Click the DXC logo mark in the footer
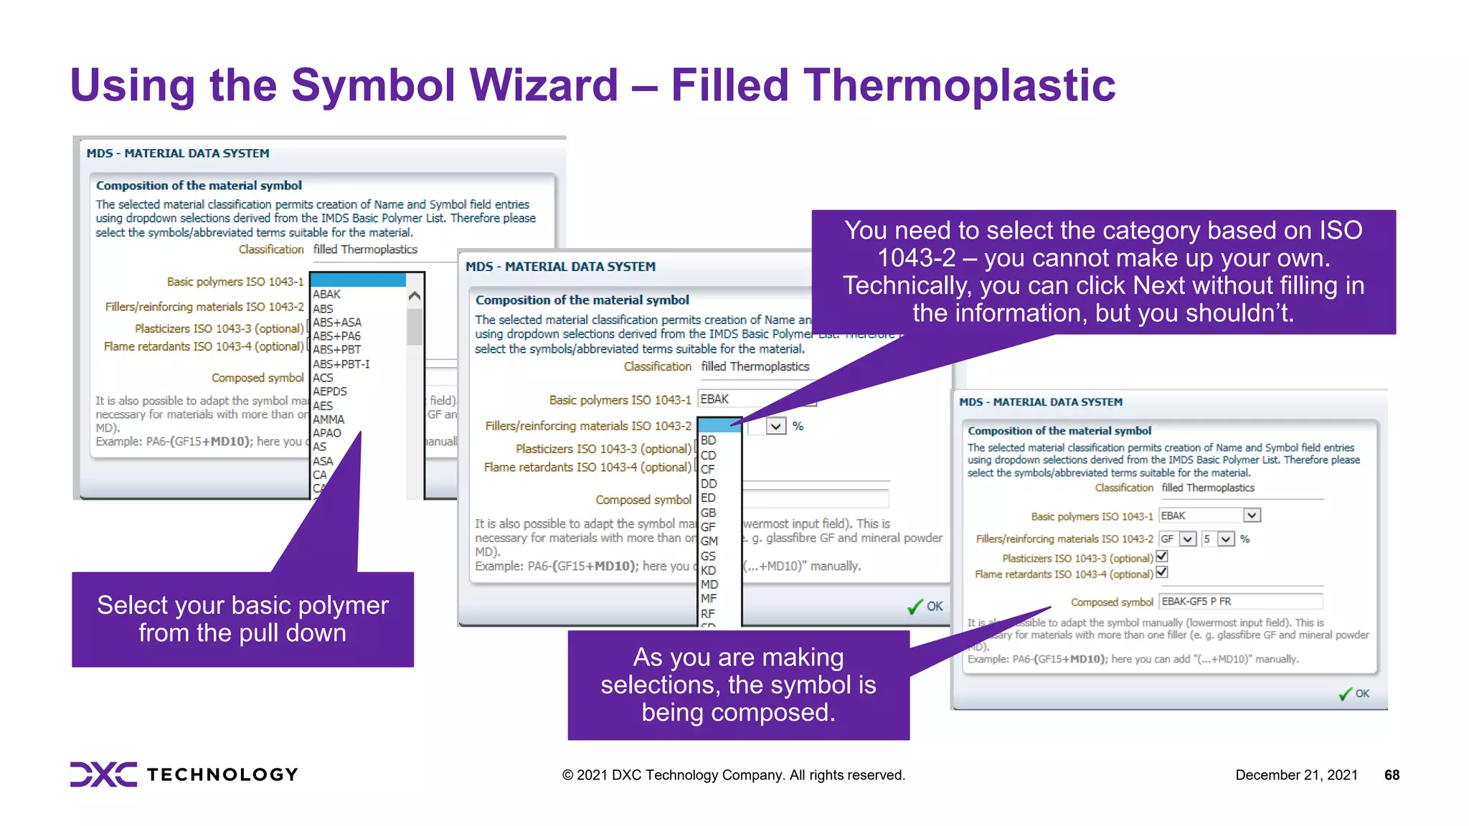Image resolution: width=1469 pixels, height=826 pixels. point(103,774)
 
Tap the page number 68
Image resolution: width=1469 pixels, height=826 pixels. point(1392,775)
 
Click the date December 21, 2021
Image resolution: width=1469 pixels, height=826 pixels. point(1296,775)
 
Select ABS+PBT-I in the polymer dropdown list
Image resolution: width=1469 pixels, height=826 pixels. point(341,364)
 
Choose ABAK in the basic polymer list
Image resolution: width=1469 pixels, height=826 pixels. point(326,295)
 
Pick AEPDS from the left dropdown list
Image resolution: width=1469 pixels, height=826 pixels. point(330,391)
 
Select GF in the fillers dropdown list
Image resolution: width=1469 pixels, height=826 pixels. point(709,527)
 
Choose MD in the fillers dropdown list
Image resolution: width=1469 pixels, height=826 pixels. point(709,584)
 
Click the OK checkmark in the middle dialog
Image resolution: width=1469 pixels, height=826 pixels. point(925,607)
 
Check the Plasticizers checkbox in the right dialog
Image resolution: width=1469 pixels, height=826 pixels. point(1162,556)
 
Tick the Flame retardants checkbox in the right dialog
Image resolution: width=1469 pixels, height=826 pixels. point(1162,572)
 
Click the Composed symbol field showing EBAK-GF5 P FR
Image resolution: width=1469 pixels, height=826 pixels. point(1239,602)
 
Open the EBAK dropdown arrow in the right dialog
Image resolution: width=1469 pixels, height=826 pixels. point(1252,516)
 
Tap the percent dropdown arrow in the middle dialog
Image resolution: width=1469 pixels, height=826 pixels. point(775,427)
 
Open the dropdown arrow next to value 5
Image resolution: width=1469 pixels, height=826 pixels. point(1226,539)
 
